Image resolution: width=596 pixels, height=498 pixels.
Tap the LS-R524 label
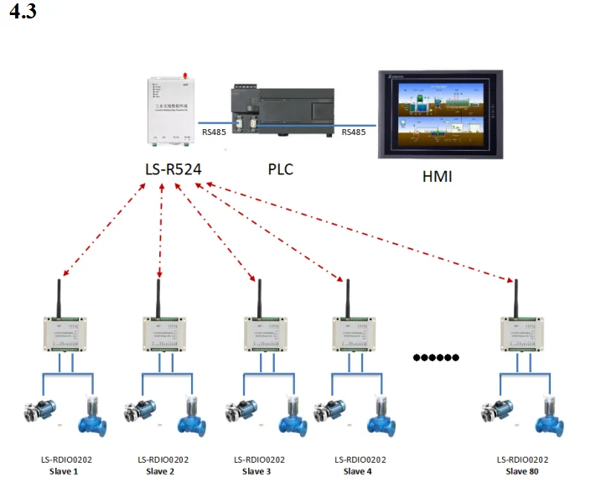tap(174, 169)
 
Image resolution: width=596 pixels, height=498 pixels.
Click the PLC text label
tap(280, 169)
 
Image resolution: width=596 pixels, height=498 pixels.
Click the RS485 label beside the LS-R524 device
tap(214, 132)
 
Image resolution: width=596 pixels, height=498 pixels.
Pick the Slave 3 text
tap(257, 471)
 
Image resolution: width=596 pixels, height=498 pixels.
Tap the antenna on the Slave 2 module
tap(158, 298)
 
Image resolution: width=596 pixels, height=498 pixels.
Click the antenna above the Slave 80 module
tap(514, 298)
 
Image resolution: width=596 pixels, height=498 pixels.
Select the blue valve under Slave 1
tap(91, 416)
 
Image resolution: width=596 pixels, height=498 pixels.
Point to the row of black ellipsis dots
tap(437, 358)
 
